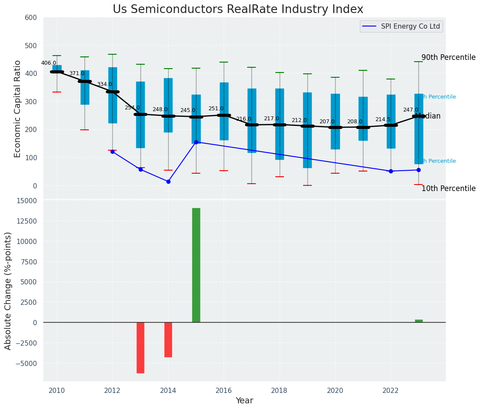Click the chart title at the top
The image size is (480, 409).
pyautogui.click(x=238, y=10)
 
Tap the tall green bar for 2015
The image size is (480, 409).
pyautogui.click(x=196, y=265)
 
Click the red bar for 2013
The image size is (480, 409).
pyautogui.click(x=140, y=347)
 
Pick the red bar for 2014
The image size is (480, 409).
pyautogui.click(x=168, y=340)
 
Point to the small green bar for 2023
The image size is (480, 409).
pyautogui.click(x=418, y=321)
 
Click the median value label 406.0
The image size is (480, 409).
pyautogui.click(x=49, y=63)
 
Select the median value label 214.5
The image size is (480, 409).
pyautogui.click(x=383, y=119)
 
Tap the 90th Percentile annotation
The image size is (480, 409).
pyautogui.click(x=448, y=58)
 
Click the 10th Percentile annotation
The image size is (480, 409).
pyautogui.click(x=448, y=188)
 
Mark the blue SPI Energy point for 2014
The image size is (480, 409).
pyautogui.click(x=168, y=181)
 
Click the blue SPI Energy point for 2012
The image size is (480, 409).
pyautogui.click(x=113, y=152)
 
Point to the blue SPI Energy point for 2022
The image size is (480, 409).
pyautogui.click(x=391, y=171)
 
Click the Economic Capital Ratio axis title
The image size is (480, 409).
pyautogui.click(x=18, y=109)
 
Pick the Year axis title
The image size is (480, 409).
pyautogui.click(x=244, y=401)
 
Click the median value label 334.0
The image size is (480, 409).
pyautogui.click(x=104, y=84)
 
